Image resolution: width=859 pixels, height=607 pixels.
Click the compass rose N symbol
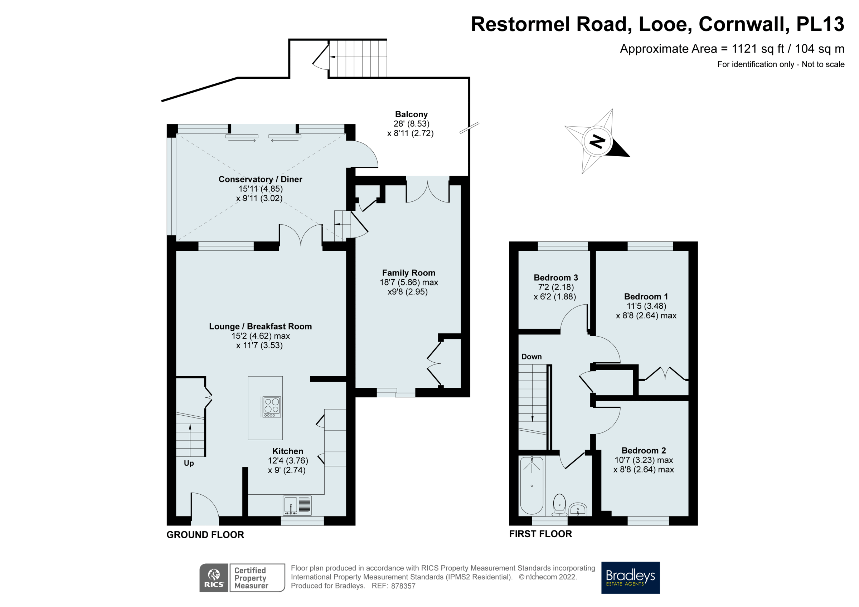click(597, 141)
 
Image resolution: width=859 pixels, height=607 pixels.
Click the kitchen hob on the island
click(271, 407)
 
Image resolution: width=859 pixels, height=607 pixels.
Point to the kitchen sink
click(297, 506)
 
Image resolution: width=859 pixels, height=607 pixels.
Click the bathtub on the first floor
click(532, 485)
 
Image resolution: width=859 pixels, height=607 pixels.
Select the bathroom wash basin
click(578, 509)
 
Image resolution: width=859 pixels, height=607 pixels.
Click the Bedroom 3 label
click(555, 278)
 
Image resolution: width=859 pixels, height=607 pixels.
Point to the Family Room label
click(408, 273)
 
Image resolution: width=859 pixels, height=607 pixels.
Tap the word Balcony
click(411, 114)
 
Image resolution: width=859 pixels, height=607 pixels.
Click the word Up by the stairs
click(189, 463)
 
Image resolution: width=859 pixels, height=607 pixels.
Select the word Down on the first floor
click(532, 357)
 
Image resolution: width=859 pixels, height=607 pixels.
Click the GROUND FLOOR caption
click(205, 535)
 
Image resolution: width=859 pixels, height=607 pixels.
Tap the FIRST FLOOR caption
click(540, 534)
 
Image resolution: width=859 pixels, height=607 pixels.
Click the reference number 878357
click(403, 586)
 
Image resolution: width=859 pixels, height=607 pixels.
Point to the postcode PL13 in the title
click(820, 24)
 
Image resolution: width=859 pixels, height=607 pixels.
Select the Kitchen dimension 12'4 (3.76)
click(288, 461)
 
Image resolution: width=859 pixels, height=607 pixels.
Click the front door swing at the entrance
click(205, 506)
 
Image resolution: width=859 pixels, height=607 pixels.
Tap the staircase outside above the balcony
click(357, 58)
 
